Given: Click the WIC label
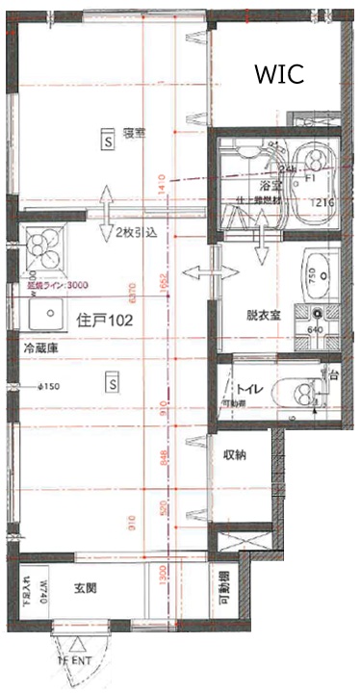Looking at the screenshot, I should click(278, 74).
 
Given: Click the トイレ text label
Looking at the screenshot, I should click(247, 388).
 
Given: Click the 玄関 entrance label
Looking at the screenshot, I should click(90, 588).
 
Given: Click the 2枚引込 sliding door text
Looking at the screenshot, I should click(135, 234).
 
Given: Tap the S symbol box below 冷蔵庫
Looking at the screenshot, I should click(112, 382).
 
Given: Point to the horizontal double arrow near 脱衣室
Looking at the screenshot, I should click(198, 274).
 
